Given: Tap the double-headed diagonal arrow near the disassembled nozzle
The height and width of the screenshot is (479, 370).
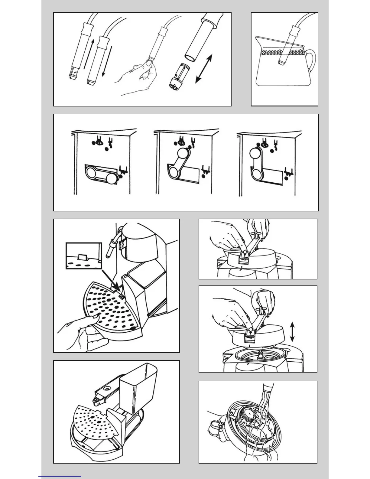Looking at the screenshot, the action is pos(203,69).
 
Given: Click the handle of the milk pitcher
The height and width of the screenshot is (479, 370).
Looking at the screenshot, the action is pos(310,59).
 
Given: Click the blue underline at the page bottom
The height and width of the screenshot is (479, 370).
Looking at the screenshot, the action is pos(60,477).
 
